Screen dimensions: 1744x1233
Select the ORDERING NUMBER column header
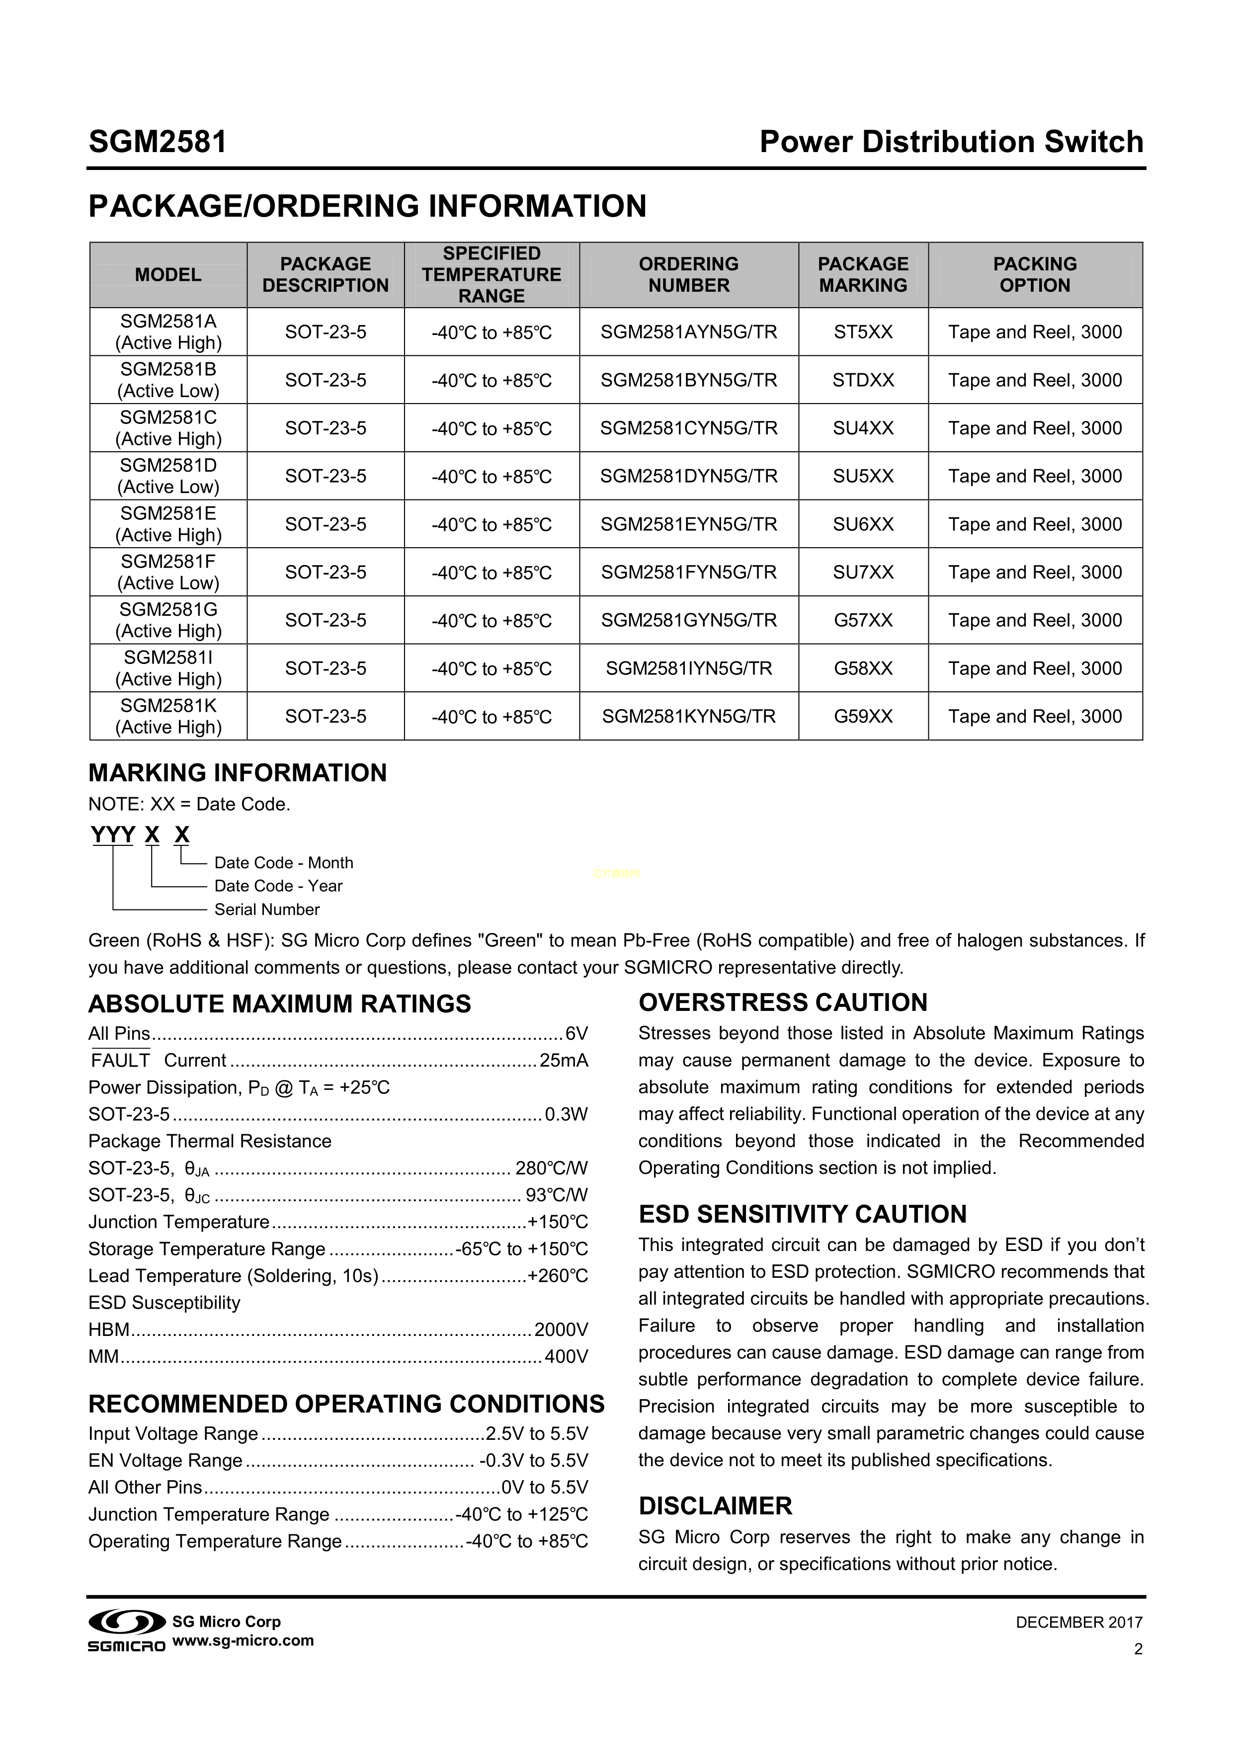(688, 275)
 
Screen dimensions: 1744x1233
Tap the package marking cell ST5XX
(863, 332)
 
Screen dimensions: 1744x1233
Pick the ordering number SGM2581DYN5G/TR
(688, 476)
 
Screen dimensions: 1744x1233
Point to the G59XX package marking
(863, 716)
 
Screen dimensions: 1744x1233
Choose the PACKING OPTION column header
(1035, 275)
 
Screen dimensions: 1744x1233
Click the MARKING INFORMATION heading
(237, 773)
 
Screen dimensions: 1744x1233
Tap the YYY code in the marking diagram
(112, 835)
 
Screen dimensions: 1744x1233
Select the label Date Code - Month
(283, 863)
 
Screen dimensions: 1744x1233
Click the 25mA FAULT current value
(564, 1061)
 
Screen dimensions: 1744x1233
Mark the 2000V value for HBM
(561, 1329)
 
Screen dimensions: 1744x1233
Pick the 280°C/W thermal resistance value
(552, 1168)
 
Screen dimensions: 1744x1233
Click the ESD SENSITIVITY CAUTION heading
(802, 1215)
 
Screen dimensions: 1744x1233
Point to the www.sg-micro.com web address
(243, 1640)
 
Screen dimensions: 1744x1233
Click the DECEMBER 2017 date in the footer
(1079, 1622)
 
